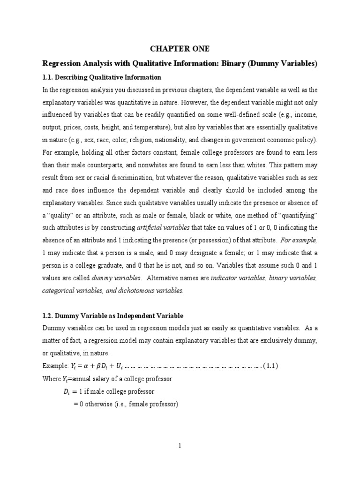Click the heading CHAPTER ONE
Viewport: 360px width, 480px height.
180,49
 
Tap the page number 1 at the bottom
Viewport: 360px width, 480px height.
180,446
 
